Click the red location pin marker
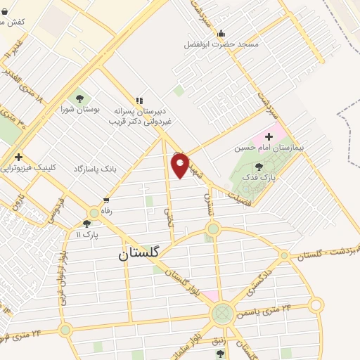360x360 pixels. [x=181, y=165]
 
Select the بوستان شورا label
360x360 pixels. [x=77, y=109]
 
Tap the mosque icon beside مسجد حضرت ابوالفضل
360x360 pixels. [x=221, y=33]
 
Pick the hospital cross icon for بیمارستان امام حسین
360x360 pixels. [x=269, y=135]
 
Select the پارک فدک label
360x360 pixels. [x=258, y=179]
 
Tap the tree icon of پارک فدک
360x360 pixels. [x=259, y=167]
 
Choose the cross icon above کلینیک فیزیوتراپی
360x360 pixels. [x=18, y=157]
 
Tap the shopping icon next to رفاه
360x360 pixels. [x=105, y=199]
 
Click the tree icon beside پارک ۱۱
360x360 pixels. [x=87, y=223]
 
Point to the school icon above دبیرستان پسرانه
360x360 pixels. [x=139, y=101]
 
